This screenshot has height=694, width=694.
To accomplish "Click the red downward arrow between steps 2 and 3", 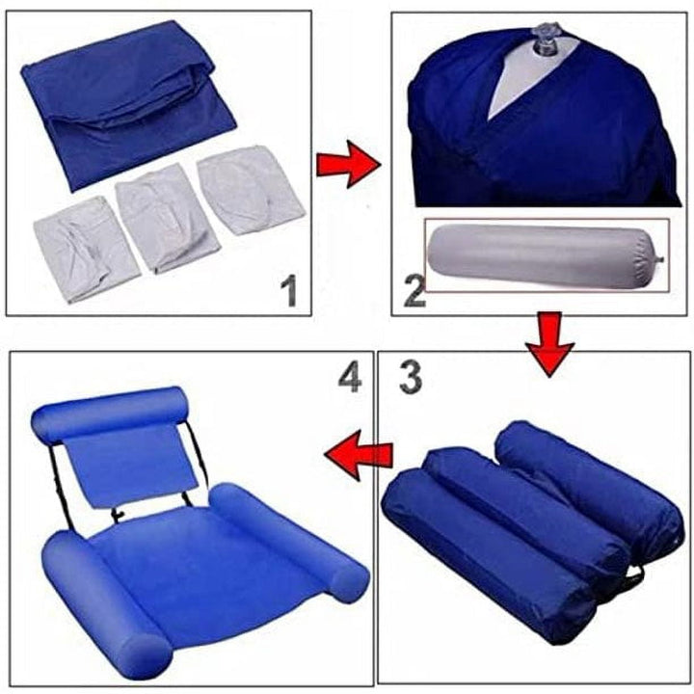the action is pos(549,344).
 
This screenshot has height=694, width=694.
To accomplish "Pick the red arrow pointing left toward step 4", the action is pos(359,454).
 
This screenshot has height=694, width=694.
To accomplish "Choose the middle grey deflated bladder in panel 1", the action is pos(164,217).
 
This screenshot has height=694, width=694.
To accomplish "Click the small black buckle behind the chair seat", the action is pos(119,515).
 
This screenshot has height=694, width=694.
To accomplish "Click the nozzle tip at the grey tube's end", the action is pos(662,258).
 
